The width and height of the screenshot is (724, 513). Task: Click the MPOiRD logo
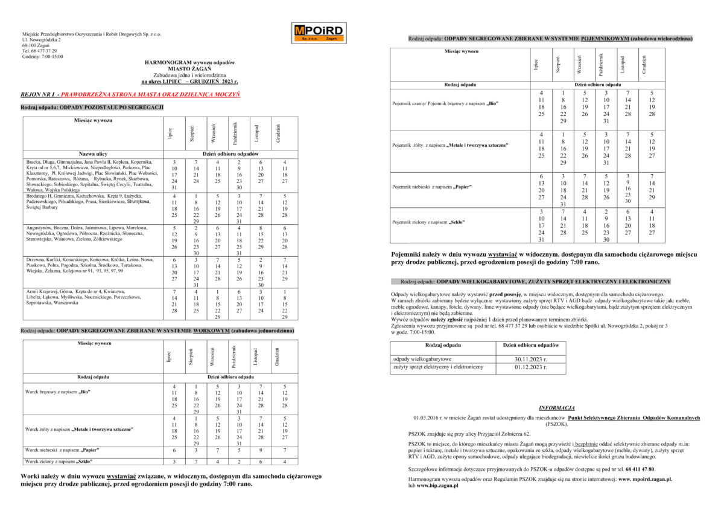pos(319,33)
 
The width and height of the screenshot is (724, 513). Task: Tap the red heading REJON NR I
pos(39,94)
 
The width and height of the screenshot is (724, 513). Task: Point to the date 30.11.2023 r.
pos(531,359)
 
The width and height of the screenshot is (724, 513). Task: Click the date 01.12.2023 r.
pos(531,367)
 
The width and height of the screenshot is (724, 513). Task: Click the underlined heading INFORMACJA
pos(556,408)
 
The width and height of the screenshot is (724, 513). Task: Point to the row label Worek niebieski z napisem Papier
pos(62,450)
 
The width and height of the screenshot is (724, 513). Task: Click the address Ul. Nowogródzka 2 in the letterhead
pos(45,40)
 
